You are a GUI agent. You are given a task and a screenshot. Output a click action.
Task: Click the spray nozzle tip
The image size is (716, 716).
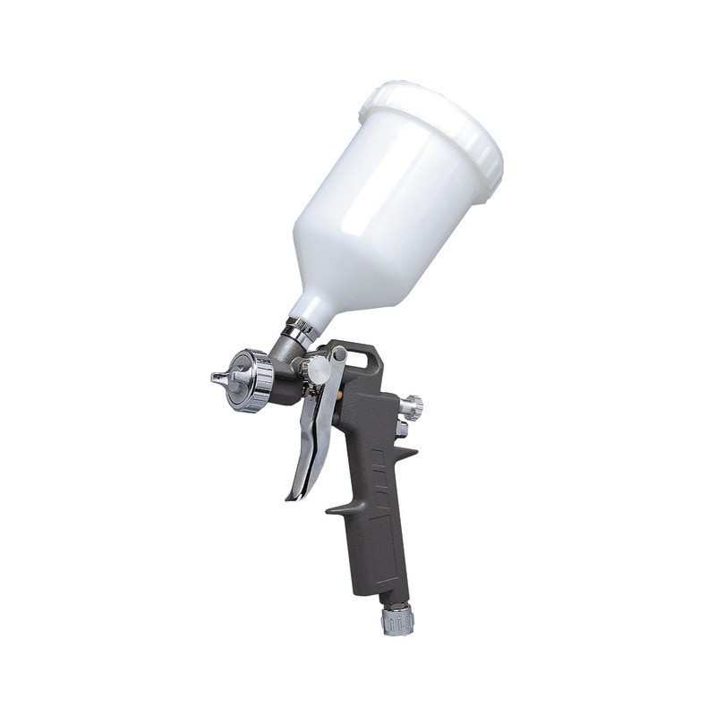pos(216,376)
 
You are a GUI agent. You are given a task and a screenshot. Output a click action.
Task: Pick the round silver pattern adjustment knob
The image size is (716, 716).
pos(317,369)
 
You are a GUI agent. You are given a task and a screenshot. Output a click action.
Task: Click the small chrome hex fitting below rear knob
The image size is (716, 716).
pos(402,429)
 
